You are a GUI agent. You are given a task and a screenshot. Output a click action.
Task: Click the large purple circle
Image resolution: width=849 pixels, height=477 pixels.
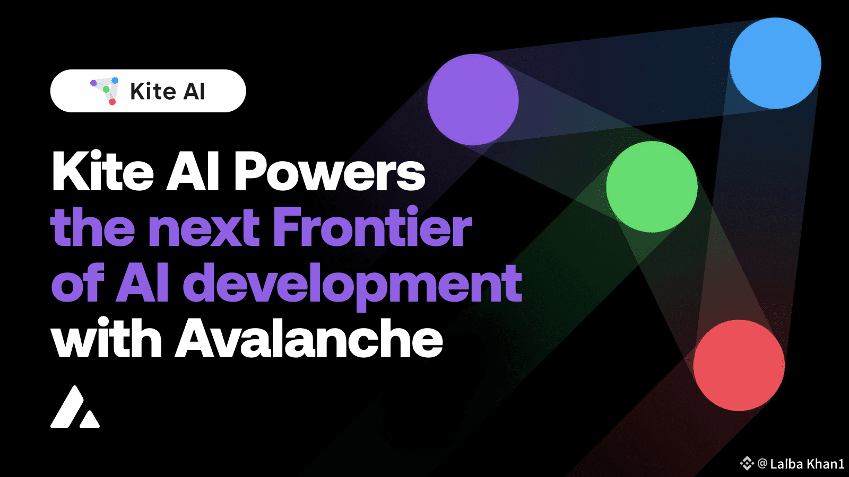click(473, 100)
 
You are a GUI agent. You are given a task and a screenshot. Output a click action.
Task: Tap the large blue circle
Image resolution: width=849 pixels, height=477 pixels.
click(775, 63)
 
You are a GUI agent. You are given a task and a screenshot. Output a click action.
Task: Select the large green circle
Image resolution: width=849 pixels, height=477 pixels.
click(652, 187)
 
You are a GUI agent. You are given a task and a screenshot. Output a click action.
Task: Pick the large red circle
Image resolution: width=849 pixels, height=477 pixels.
click(739, 365)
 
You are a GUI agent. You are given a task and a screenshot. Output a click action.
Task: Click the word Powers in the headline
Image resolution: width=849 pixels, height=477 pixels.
click(330, 171)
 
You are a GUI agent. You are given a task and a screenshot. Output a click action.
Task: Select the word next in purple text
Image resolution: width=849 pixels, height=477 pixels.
click(204, 229)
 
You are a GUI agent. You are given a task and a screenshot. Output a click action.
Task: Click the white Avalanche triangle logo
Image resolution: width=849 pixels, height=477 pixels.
click(75, 407)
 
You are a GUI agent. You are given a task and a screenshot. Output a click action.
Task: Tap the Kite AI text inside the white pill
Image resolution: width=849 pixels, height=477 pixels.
click(168, 91)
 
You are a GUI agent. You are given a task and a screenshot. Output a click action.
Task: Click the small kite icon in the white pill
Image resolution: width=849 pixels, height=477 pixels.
click(105, 91)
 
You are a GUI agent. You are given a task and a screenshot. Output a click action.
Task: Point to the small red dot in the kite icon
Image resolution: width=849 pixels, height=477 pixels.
click(112, 102)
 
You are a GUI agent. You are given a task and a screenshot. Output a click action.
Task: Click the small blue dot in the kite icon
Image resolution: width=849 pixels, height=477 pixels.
click(115, 80)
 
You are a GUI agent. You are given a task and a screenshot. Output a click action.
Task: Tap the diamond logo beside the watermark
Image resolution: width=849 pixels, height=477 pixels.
click(747, 463)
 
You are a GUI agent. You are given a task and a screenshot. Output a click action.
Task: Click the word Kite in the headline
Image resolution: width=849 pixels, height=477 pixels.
click(102, 171)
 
